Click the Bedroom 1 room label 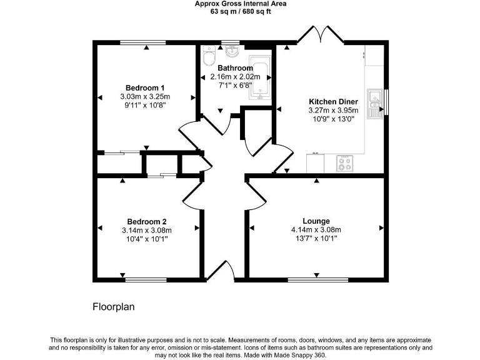coord(145,87)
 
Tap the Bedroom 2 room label coord(147,221)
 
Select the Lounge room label coord(316,221)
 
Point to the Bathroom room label coord(235,68)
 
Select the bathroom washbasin coord(232,49)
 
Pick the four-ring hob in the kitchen coord(344,163)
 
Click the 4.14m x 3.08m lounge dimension coord(316,230)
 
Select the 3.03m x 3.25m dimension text coord(145,97)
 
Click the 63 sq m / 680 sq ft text coord(239,11)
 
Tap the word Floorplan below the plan coord(114,307)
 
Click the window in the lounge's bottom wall coord(317,279)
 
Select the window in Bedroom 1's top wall coord(143,42)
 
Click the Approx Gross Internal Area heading coord(239,4)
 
